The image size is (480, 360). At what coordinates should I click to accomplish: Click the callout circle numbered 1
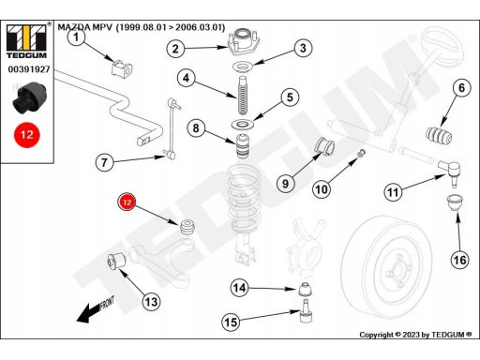[x=76, y=37]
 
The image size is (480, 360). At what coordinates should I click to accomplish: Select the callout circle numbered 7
[x=104, y=162]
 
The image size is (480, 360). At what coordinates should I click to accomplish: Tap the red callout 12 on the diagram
[x=127, y=202]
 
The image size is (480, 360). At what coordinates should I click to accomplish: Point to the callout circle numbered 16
[x=459, y=260]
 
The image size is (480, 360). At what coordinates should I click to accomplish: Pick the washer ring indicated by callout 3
[x=243, y=67]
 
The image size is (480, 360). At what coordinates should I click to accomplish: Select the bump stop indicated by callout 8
[x=242, y=146]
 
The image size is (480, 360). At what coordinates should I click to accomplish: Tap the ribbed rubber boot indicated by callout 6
[x=439, y=136]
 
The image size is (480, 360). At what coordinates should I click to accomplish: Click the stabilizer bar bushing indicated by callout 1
[x=122, y=67]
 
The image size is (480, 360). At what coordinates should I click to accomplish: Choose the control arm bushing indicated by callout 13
[x=116, y=261]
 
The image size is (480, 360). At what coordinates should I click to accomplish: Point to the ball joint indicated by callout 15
[x=306, y=310]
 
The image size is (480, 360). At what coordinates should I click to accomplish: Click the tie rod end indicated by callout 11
[x=449, y=172]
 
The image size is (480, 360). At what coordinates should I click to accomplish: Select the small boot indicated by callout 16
[x=455, y=202]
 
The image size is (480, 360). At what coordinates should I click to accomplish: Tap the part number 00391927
[x=29, y=69]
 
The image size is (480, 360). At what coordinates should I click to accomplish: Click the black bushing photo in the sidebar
[x=29, y=97]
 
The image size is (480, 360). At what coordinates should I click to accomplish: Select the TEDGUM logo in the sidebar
[x=26, y=41]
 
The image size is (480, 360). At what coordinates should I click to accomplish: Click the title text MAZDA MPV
[x=84, y=27]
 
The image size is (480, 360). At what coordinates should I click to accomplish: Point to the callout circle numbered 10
[x=322, y=188]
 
